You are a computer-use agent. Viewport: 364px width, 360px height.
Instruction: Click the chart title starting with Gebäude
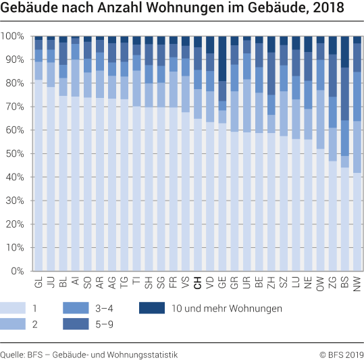(x=172, y=9)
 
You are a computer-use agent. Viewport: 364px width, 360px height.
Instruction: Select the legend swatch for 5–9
(x=76, y=325)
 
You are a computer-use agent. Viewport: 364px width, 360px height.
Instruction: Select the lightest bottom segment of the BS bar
(x=345, y=220)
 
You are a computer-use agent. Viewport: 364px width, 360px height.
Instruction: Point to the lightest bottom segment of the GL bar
(x=38, y=176)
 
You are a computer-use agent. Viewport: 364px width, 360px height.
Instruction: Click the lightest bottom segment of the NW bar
(x=357, y=222)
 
